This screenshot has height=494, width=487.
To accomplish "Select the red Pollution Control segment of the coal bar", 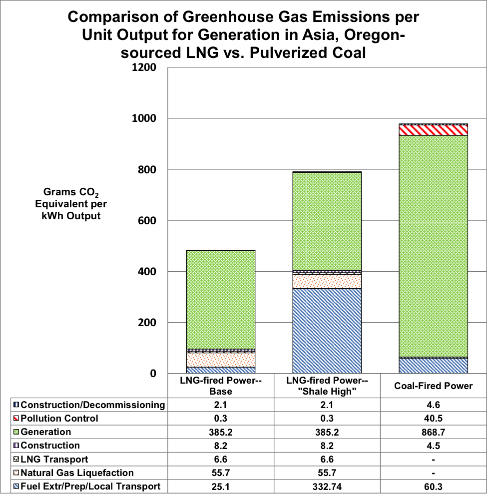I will pos(433,130).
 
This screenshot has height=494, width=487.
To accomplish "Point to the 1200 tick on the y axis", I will pos(143,67).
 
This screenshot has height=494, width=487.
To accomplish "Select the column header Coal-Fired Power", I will pos(433,386).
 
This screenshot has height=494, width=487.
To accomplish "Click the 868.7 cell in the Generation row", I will pos(433,432).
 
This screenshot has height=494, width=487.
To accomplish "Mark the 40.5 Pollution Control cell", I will pos(433,419).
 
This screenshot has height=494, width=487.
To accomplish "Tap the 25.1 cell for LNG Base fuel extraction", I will pos(220,487).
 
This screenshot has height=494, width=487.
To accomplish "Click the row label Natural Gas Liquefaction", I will pos(77,473).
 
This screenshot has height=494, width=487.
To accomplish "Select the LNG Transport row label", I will pos(54,460).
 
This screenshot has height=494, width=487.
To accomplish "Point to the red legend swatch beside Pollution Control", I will pos(16,419).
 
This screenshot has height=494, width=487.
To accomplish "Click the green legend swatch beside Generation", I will pos(16,432).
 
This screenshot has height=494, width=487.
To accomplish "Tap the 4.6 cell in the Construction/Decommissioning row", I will pos(433,405).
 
